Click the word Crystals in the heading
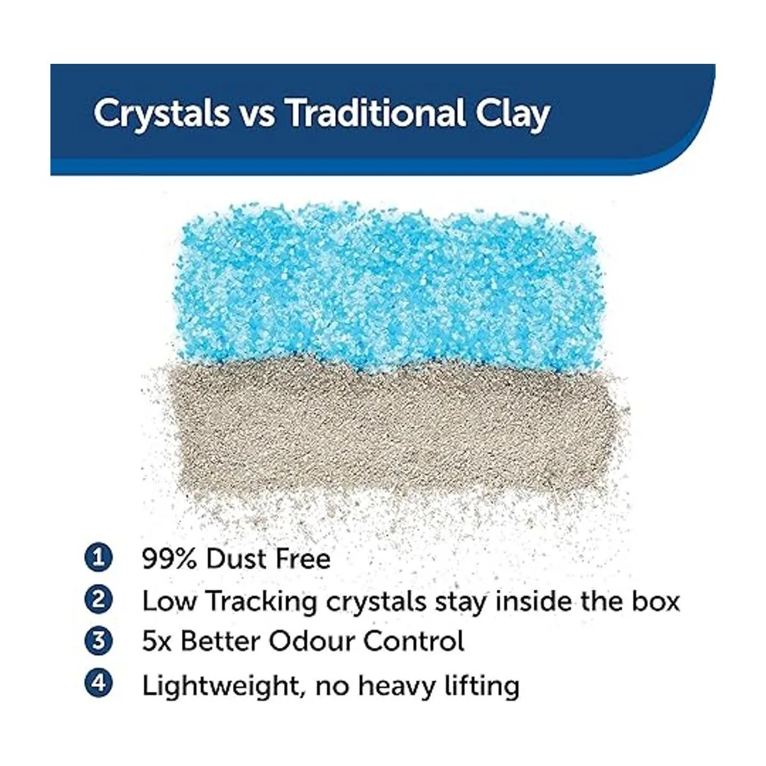[161, 114]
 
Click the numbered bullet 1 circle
[98, 559]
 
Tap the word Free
[303, 559]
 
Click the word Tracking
[262, 602]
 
